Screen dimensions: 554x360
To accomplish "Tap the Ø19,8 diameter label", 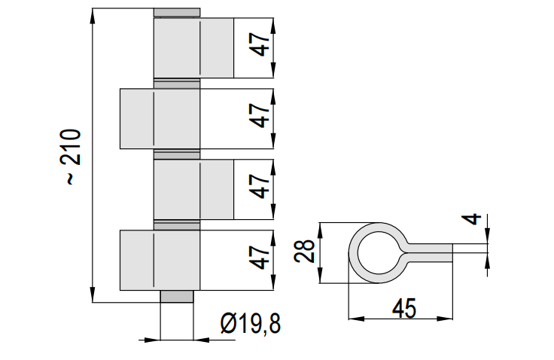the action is tap(251, 324).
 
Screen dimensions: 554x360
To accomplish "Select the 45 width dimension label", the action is tap(404, 308).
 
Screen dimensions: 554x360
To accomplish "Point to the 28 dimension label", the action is tap(305, 251).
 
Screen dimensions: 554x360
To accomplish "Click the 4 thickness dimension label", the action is tap(472, 219).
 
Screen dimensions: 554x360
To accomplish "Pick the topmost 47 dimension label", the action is tap(260, 44).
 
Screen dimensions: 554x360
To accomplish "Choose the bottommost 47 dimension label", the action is tap(260, 258).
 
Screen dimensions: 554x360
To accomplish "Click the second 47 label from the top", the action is tap(260, 115).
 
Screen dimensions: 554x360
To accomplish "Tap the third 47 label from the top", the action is tap(260, 186).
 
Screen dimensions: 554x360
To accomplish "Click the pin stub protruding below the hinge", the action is tap(177, 296).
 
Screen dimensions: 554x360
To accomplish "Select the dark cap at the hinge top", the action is tap(177, 13).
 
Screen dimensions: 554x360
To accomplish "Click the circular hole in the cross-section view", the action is tap(379, 253).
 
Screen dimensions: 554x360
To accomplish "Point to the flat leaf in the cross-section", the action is tap(429, 253).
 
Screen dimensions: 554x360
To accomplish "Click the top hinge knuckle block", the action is tap(193, 47).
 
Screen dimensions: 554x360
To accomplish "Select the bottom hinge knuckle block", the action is tap(160, 261).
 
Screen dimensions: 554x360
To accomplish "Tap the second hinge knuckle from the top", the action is tap(160, 118).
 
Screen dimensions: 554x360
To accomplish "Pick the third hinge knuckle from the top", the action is tap(193, 189).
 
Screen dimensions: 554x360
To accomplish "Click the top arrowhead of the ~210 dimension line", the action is tap(93, 16).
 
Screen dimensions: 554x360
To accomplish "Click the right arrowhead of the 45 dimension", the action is tap(445, 319).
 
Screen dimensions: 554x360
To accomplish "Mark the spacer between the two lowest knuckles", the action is tap(177, 225).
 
